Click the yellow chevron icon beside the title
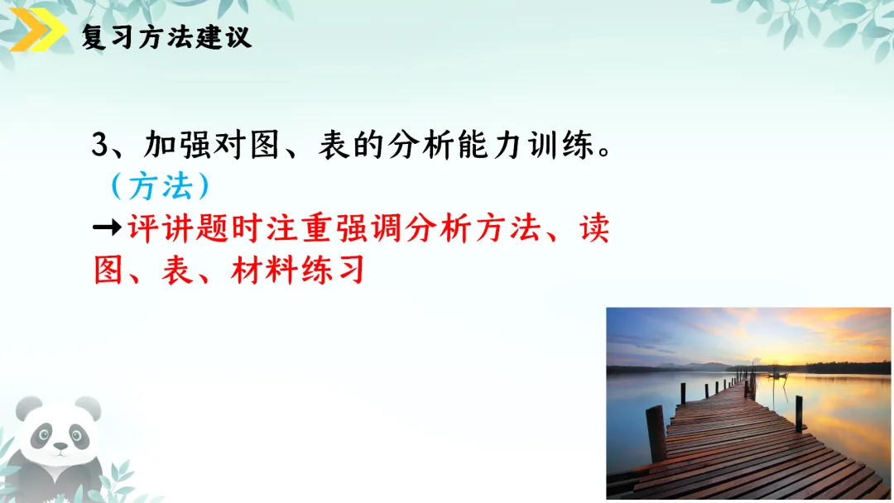click(38, 34)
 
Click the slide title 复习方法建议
click(166, 37)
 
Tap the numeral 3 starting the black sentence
click(100, 146)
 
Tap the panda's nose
click(59, 447)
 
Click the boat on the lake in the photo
click(777, 375)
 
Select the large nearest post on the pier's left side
click(656, 434)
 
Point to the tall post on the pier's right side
click(798, 412)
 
